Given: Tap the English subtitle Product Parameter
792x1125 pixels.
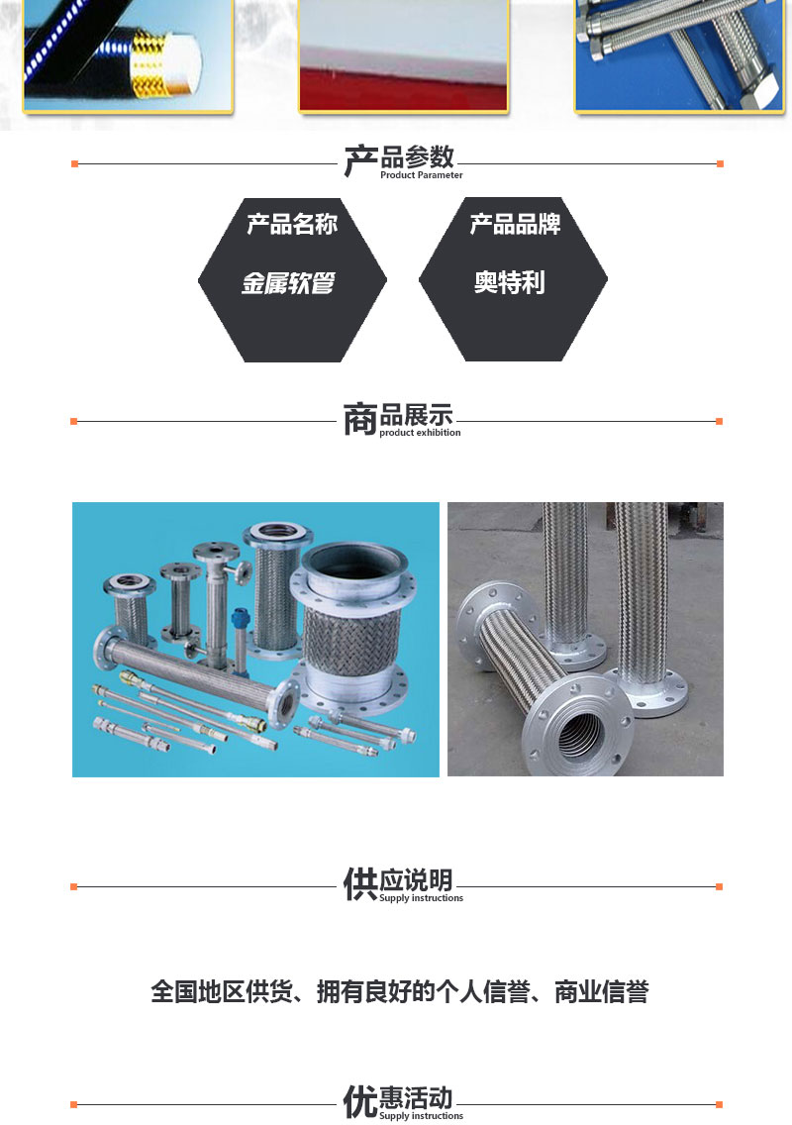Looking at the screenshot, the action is (421, 175).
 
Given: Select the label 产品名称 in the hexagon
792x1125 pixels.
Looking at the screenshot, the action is (292, 224).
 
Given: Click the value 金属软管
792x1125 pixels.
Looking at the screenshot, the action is (288, 282).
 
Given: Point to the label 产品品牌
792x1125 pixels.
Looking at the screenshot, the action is (515, 224).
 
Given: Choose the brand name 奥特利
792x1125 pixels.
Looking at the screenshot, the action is (509, 282).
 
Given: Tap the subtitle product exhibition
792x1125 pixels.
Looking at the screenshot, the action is (420, 433).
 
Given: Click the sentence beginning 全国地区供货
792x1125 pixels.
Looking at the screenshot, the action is (400, 991).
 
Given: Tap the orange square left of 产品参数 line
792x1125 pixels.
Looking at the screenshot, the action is (74, 164).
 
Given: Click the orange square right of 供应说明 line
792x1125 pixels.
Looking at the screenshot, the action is (720, 886).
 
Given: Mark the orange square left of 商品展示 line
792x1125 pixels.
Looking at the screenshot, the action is (74, 421).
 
